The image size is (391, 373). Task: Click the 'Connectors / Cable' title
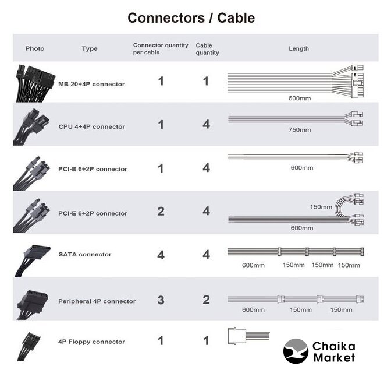[191, 17]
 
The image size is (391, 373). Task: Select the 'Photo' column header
[35, 48]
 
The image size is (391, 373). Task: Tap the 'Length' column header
[298, 48]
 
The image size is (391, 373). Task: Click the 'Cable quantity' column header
[207, 49]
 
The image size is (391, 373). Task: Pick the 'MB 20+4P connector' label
[91, 84]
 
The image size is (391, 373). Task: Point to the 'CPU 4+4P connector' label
[91, 126]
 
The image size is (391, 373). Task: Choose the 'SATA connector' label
[85, 254]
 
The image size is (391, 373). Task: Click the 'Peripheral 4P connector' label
[97, 301]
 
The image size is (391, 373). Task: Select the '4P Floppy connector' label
[91, 342]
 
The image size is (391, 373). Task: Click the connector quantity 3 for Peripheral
[161, 301]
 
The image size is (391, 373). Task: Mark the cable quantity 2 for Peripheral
[206, 301]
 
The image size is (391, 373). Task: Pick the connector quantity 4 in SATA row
[161, 255]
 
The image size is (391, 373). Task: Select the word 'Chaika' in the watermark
[333, 346]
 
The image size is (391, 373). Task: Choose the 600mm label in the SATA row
[253, 265]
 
